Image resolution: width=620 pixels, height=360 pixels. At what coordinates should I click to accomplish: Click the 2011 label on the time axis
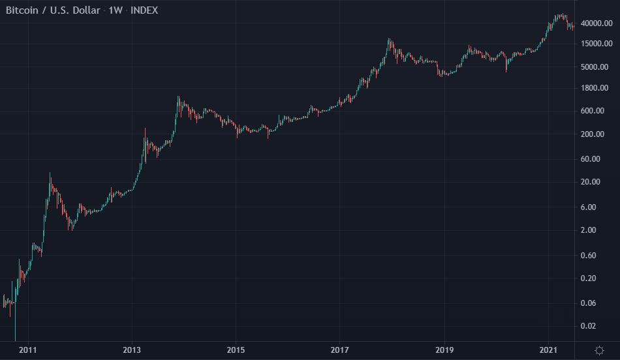pos(27,351)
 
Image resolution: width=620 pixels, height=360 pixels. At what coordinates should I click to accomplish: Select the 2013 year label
pos(132,351)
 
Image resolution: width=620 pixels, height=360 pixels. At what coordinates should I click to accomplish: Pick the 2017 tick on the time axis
pos(339,351)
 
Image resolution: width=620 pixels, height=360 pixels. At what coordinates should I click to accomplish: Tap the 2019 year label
pos(444,351)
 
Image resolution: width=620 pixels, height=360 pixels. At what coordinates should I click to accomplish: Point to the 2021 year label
pos(548,351)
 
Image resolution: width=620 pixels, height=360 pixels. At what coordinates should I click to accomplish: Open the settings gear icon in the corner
pos(599,351)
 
